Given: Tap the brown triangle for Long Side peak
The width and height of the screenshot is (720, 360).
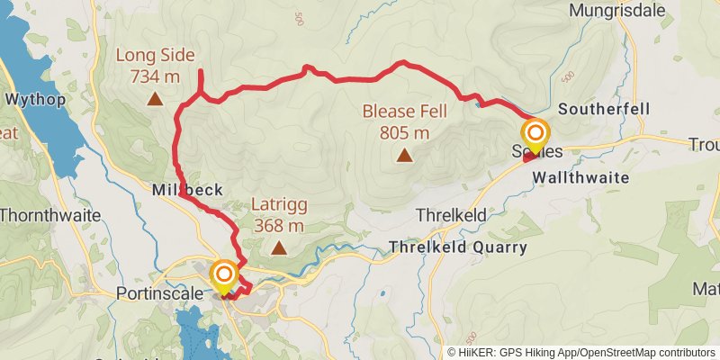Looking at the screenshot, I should click(155, 101).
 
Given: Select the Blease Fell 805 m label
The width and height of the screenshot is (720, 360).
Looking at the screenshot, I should click(396, 121).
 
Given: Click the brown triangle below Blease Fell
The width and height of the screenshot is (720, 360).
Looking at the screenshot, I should click(404, 156).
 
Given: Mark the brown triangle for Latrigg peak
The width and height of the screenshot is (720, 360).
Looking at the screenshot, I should click(279, 247).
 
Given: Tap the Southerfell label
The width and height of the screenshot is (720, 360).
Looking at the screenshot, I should click(604, 109).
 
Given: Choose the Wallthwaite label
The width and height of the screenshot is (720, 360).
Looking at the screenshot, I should click(580, 177).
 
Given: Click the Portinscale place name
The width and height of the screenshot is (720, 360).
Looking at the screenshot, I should click(157, 293).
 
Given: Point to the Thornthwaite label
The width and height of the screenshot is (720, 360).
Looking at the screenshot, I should click(42, 216).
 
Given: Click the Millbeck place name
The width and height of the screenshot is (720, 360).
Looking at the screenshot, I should click(182, 191).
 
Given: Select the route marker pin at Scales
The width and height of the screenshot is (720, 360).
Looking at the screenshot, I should click(535, 135).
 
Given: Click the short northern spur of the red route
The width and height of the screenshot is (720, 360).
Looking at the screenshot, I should click(200, 81).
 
